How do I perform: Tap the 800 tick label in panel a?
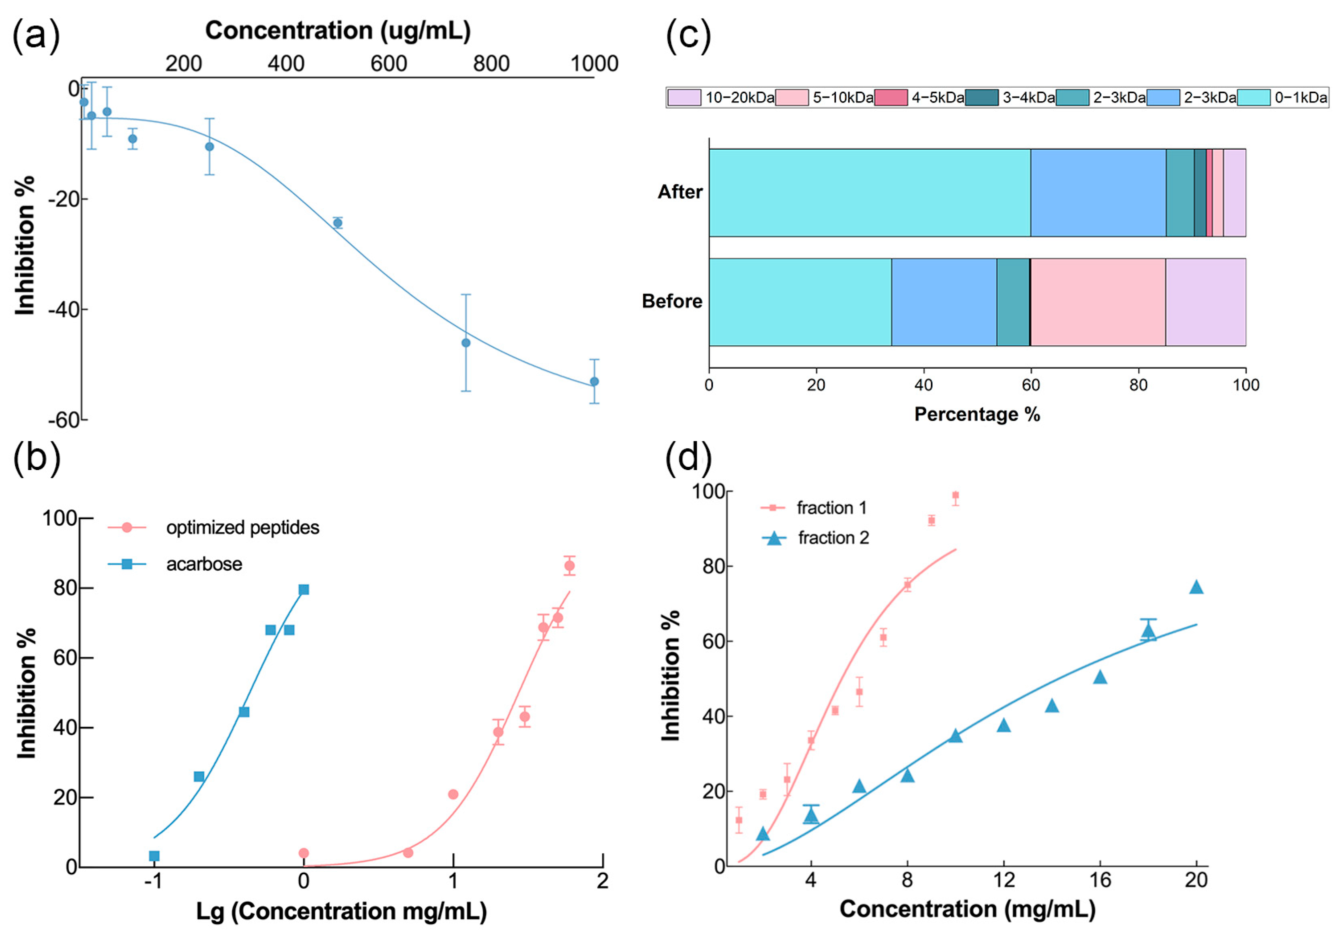coord(491,63)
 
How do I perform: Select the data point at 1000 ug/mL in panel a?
coord(594,382)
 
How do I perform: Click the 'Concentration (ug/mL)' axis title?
coord(338,30)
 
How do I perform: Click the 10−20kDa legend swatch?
coord(684,97)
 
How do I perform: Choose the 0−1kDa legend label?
coord(1301,97)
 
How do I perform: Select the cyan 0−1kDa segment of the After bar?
coord(870,193)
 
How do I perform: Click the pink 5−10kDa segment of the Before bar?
coord(1098,302)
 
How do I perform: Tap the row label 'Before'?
coord(672,301)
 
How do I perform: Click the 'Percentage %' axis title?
coord(977,414)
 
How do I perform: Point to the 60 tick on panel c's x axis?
coord(1031,385)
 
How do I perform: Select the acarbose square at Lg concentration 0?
coord(304,590)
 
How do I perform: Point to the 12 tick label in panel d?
coord(1004,879)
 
